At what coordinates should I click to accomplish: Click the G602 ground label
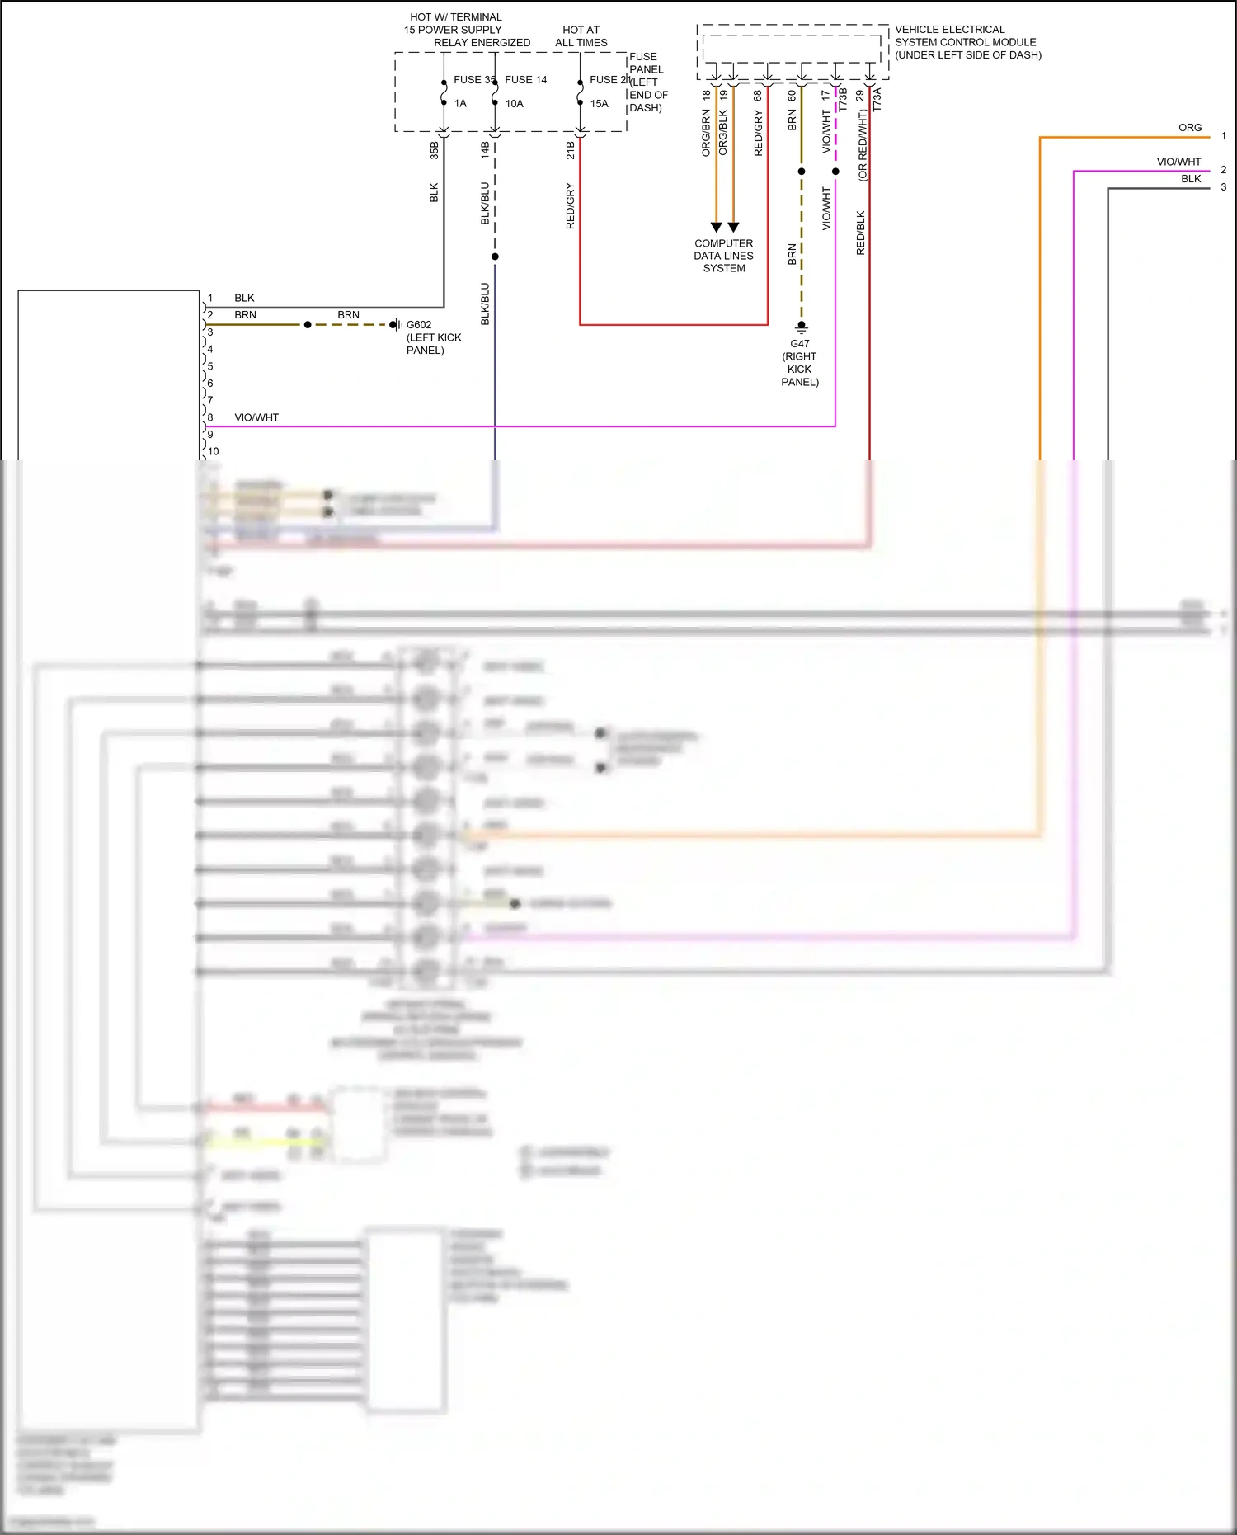pos(419,325)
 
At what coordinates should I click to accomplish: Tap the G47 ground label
pos(800,344)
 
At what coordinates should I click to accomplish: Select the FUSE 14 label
pos(525,80)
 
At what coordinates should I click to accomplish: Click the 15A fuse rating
pos(599,104)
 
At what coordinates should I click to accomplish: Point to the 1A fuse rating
pos(460,104)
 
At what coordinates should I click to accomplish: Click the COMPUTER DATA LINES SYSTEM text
pos(723,256)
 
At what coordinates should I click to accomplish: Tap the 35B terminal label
pos(434,150)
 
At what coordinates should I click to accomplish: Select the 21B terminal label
pos(570,150)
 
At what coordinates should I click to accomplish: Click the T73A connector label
pos(877,100)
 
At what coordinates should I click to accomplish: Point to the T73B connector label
pos(843,100)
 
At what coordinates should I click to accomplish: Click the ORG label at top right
pos(1189,128)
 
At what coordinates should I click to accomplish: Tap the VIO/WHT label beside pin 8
pos(256,417)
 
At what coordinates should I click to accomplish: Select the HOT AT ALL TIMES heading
pos(581,36)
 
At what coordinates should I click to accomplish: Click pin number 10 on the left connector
pos(214,451)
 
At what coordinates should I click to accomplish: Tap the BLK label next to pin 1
pos(244,298)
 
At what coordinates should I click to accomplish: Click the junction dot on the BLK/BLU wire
pos(495,257)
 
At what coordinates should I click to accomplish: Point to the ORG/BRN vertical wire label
pos(706,134)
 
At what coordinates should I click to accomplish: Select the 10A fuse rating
pos(514,104)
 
